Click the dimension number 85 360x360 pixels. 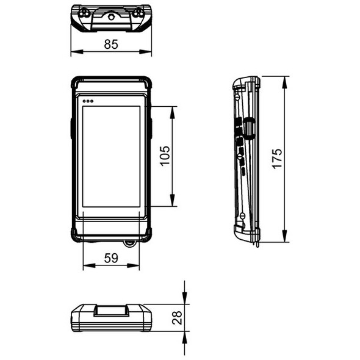(x=110, y=44)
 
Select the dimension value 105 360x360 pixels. (x=164, y=156)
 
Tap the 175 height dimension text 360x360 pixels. (x=277, y=159)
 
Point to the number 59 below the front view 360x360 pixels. (x=110, y=258)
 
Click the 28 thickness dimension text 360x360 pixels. (x=177, y=317)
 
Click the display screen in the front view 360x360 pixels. (x=111, y=156)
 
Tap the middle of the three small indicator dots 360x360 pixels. (x=88, y=101)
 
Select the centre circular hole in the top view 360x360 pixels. (x=111, y=17)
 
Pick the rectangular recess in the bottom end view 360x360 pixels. (x=111, y=311)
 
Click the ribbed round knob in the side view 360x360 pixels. (x=249, y=126)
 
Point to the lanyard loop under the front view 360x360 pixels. (x=129, y=243)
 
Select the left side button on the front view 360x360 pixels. (x=72, y=128)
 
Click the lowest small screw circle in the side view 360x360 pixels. (x=243, y=215)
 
